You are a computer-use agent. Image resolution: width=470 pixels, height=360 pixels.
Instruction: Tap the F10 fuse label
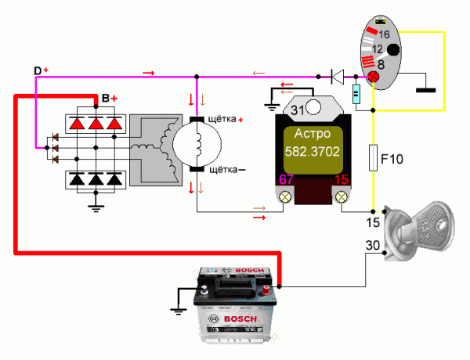pos(391,160)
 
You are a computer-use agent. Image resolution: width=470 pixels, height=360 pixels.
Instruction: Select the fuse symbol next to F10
pos(373,157)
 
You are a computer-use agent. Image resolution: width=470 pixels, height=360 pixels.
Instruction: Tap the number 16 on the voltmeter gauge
pos(384,34)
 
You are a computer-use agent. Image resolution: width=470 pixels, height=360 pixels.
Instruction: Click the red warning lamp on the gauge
pos(374,77)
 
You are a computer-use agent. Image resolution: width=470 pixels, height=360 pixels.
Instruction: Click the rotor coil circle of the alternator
pos(197,143)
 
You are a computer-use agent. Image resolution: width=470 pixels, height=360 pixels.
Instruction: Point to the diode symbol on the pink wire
pos(336,77)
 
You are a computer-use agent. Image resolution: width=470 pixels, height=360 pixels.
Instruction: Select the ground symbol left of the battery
pos(179,310)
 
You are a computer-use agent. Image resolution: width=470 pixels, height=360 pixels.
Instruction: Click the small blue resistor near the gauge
pos(356,95)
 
